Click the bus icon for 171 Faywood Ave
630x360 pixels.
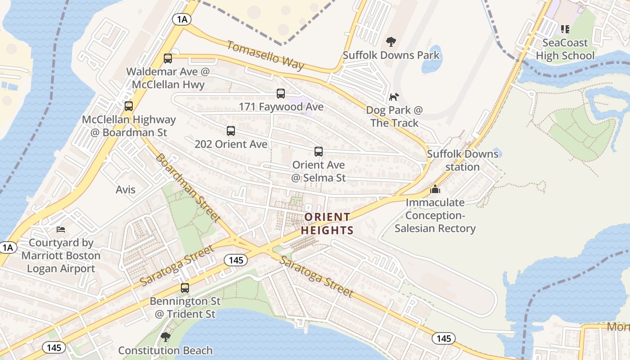point(281,94)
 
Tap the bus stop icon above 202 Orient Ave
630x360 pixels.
point(231,131)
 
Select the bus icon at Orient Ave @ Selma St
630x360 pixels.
point(319,152)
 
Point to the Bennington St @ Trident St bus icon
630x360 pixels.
point(185,288)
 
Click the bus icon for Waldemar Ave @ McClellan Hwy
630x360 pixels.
point(168,58)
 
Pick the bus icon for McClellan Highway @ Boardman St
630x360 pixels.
point(129,106)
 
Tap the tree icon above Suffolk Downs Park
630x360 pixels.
point(391,42)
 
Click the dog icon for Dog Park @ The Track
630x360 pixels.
point(394,97)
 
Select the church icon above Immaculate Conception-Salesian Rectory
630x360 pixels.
point(435,189)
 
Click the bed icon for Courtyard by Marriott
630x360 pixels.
point(61,229)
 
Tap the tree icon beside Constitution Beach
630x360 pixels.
point(166,337)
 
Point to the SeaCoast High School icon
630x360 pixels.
point(565,30)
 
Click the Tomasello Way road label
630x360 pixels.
point(265,55)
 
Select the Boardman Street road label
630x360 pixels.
point(188,188)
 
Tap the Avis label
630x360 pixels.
point(126,189)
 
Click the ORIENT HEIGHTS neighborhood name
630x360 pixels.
point(327,224)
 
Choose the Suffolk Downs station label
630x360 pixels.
point(463,160)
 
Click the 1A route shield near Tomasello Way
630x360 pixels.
point(182,19)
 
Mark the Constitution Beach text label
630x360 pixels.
point(165,350)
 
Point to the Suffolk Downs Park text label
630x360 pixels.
point(391,55)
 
